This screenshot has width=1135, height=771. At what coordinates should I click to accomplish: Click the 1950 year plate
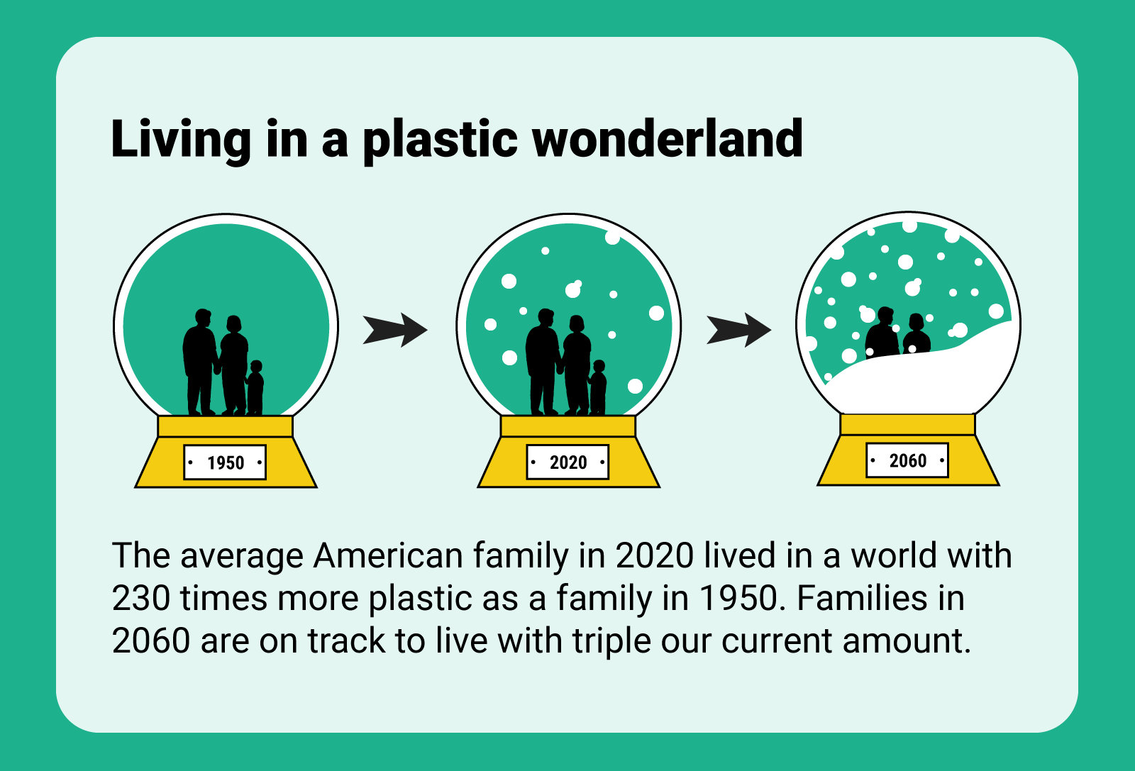225,462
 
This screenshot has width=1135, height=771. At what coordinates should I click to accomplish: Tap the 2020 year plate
567,462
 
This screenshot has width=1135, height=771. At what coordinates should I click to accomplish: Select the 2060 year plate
907,460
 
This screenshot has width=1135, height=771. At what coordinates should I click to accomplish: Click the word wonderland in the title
667,138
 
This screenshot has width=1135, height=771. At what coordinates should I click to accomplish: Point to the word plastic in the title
441,142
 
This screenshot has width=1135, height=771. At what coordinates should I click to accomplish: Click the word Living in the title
181,142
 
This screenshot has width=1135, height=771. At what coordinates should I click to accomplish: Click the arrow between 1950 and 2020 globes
394,330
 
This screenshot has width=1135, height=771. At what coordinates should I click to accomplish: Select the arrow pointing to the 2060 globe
738,330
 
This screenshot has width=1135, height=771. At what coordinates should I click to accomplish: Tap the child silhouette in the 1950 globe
255,387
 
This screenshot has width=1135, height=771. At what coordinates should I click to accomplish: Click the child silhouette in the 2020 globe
598,387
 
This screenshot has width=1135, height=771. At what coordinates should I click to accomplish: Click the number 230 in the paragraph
140,598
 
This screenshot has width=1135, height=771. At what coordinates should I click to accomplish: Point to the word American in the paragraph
387,555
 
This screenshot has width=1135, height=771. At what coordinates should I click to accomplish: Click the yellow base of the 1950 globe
226,452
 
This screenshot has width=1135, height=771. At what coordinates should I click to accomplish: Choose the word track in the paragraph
345,640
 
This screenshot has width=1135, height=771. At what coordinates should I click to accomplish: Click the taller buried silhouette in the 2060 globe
882,333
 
